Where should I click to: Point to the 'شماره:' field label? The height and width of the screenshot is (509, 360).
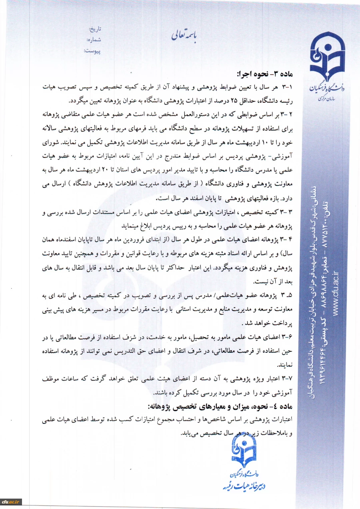click(x=94, y=40)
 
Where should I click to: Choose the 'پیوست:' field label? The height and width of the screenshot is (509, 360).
click(x=92, y=50)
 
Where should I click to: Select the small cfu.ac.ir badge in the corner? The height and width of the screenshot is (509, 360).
click(x=11, y=501)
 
